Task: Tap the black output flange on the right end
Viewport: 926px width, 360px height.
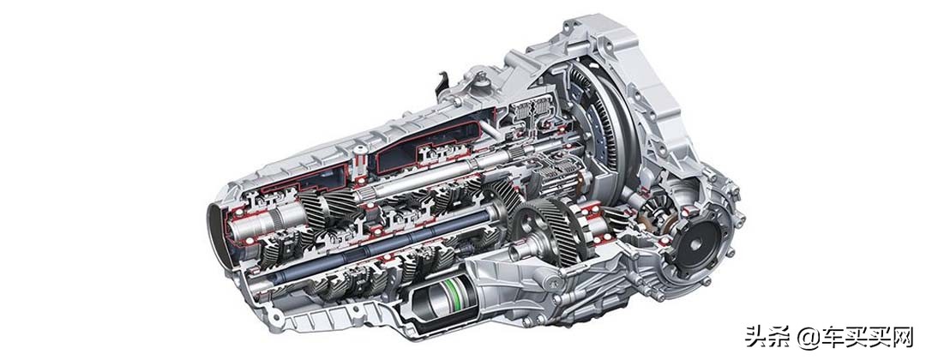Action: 695,243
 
